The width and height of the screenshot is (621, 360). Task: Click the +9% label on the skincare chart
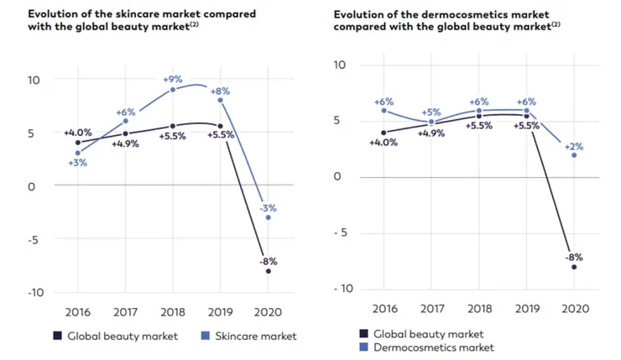click(x=173, y=79)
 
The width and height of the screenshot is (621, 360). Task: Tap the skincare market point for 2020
click(x=268, y=217)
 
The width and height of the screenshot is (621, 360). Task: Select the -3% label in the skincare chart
click(x=268, y=206)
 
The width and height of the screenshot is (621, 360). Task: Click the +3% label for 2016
click(x=78, y=163)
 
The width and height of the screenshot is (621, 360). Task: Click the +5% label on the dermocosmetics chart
click(x=431, y=112)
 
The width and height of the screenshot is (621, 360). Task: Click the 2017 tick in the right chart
click(x=431, y=308)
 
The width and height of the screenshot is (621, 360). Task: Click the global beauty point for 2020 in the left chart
click(x=268, y=271)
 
